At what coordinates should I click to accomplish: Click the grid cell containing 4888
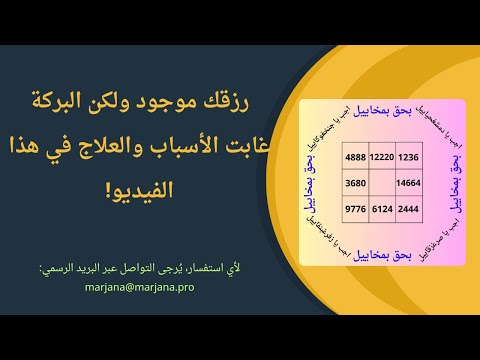point(355,158)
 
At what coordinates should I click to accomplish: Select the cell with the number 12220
point(382,158)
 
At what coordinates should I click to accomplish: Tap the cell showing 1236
point(409,158)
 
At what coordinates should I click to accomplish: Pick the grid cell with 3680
point(355,184)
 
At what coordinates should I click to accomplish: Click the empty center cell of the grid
point(382,184)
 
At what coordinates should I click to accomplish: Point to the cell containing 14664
point(409,184)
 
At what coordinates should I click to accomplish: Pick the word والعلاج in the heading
point(110,148)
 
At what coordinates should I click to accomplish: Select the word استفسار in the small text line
point(214,267)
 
